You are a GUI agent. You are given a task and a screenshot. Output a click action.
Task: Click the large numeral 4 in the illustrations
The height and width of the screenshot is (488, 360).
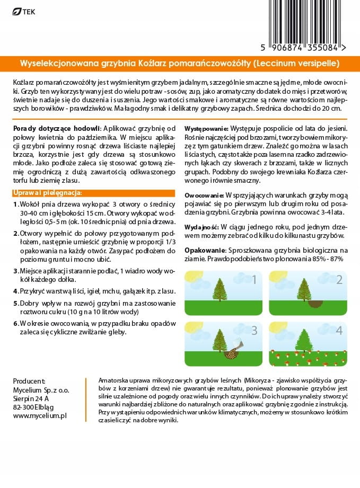point(339,331)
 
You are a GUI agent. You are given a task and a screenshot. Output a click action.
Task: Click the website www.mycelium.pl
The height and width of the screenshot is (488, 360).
point(39,416)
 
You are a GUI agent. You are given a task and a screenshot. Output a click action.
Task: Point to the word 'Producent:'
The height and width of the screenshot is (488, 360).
point(29,381)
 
